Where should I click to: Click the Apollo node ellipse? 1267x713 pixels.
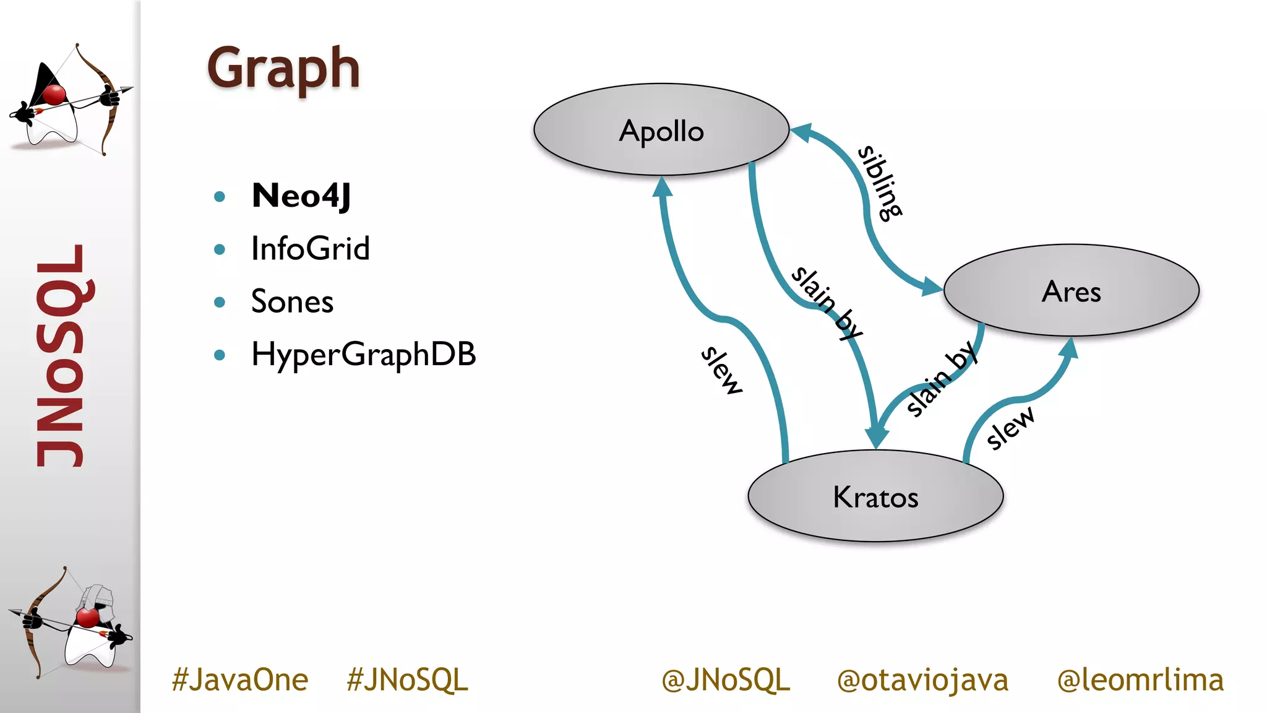pyautogui.click(x=661, y=131)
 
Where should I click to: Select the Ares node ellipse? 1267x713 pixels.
pyautogui.click(x=1071, y=291)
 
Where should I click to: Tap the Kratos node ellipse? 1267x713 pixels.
pyautogui.click(x=875, y=496)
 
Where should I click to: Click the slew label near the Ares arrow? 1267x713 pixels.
pyautogui.click(x=1009, y=427)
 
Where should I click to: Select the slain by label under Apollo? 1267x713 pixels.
pyautogui.click(x=827, y=303)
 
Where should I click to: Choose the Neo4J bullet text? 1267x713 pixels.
pyautogui.click(x=301, y=196)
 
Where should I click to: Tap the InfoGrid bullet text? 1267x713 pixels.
pyautogui.click(x=310, y=249)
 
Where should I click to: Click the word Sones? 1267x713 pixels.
pyautogui.click(x=292, y=302)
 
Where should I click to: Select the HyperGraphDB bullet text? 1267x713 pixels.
pyautogui.click(x=363, y=355)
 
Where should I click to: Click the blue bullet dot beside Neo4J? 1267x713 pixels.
pyautogui.click(x=219, y=197)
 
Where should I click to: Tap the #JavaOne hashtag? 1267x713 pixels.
pyautogui.click(x=240, y=680)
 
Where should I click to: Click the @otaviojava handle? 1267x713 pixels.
pyautogui.click(x=922, y=680)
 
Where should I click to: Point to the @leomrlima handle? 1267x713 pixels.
pyautogui.click(x=1140, y=680)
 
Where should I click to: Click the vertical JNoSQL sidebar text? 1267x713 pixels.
pyautogui.click(x=59, y=356)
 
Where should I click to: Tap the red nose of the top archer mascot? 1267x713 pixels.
pyautogui.click(x=54, y=95)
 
